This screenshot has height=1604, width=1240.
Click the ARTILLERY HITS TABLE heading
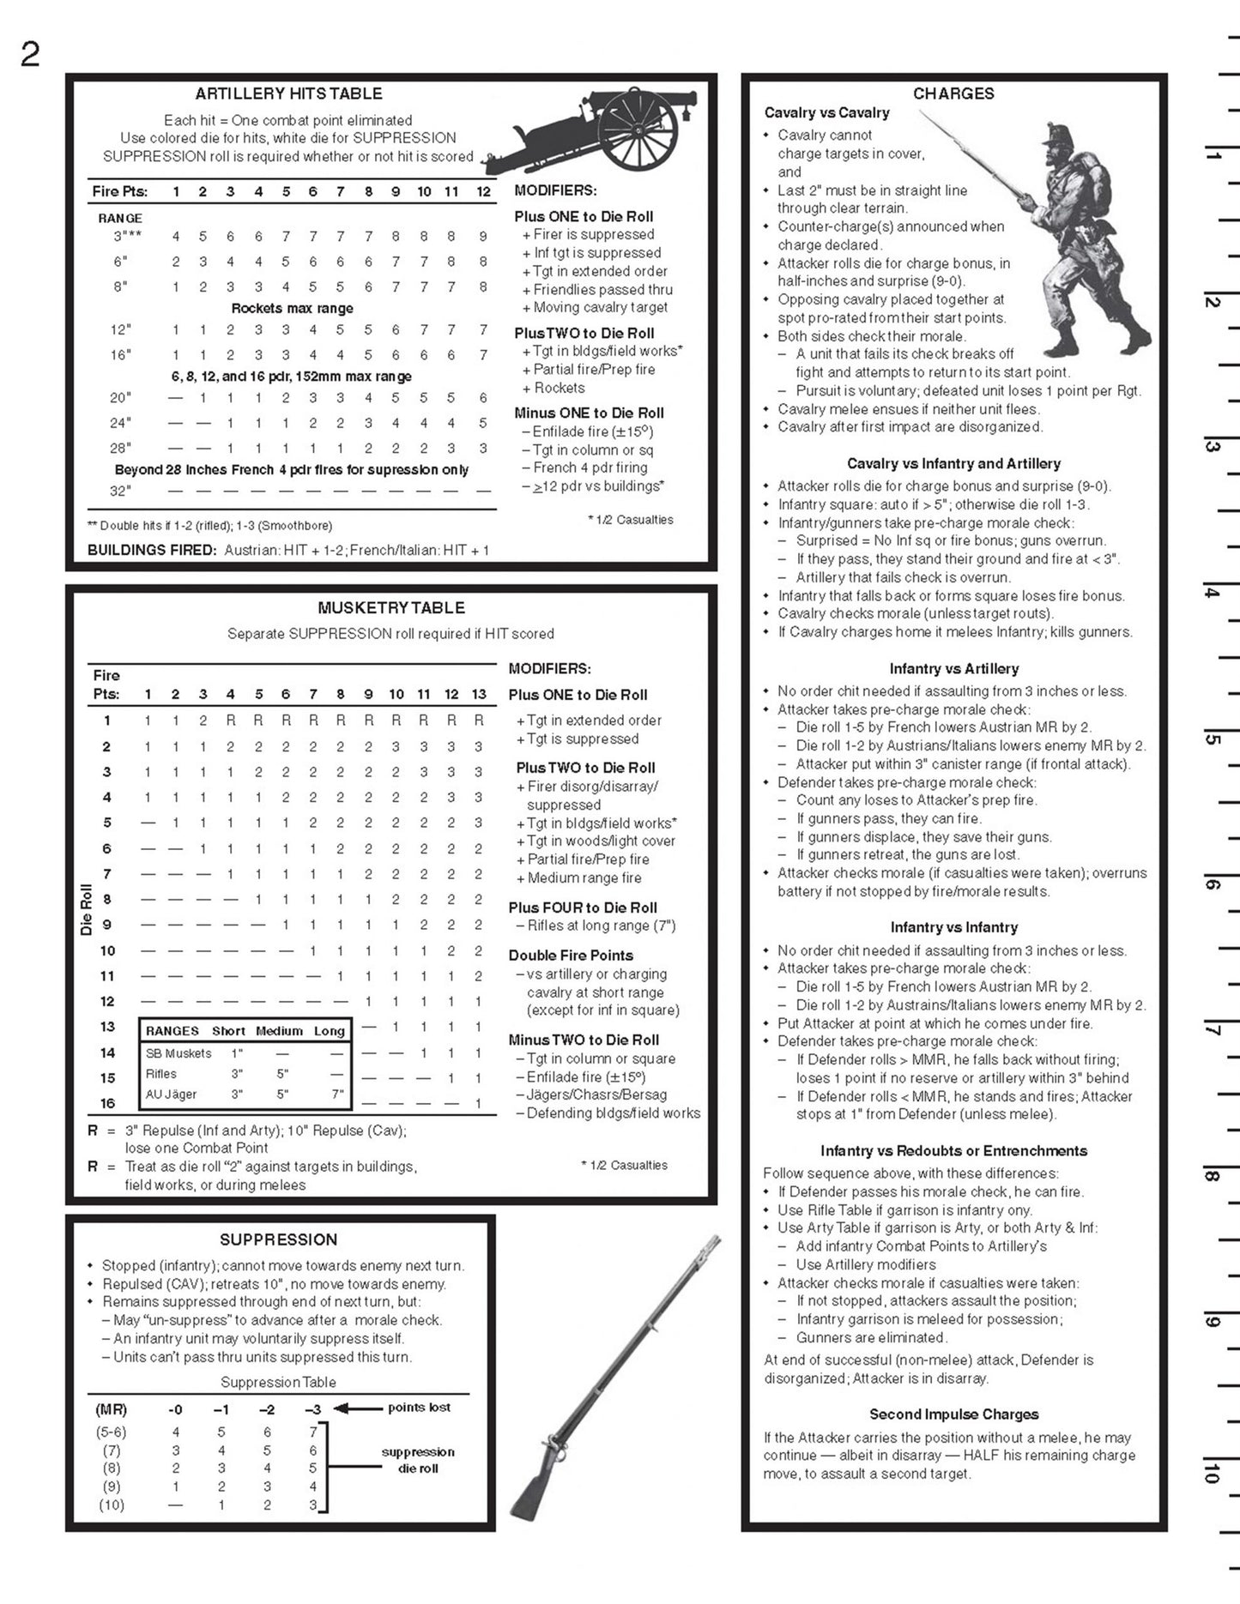click(288, 93)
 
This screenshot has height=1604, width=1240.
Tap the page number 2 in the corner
click(30, 56)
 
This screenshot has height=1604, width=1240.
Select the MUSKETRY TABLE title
click(391, 607)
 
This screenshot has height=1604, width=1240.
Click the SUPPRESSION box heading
click(278, 1239)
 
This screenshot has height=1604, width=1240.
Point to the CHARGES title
click(953, 93)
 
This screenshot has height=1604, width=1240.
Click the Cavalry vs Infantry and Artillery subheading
click(953, 463)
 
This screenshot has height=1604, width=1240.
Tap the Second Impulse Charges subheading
click(953, 1414)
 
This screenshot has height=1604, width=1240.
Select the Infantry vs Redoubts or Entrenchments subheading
click(953, 1151)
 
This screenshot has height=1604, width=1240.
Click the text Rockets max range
click(292, 308)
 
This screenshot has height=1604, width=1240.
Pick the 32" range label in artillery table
click(120, 491)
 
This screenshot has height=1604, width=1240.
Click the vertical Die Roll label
click(86, 909)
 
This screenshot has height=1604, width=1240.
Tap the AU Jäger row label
click(171, 1094)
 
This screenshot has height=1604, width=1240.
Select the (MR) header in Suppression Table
click(112, 1409)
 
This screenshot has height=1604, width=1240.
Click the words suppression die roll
click(418, 1460)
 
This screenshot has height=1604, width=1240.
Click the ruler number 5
click(1212, 739)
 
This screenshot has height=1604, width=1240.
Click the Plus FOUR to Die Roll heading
click(583, 908)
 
